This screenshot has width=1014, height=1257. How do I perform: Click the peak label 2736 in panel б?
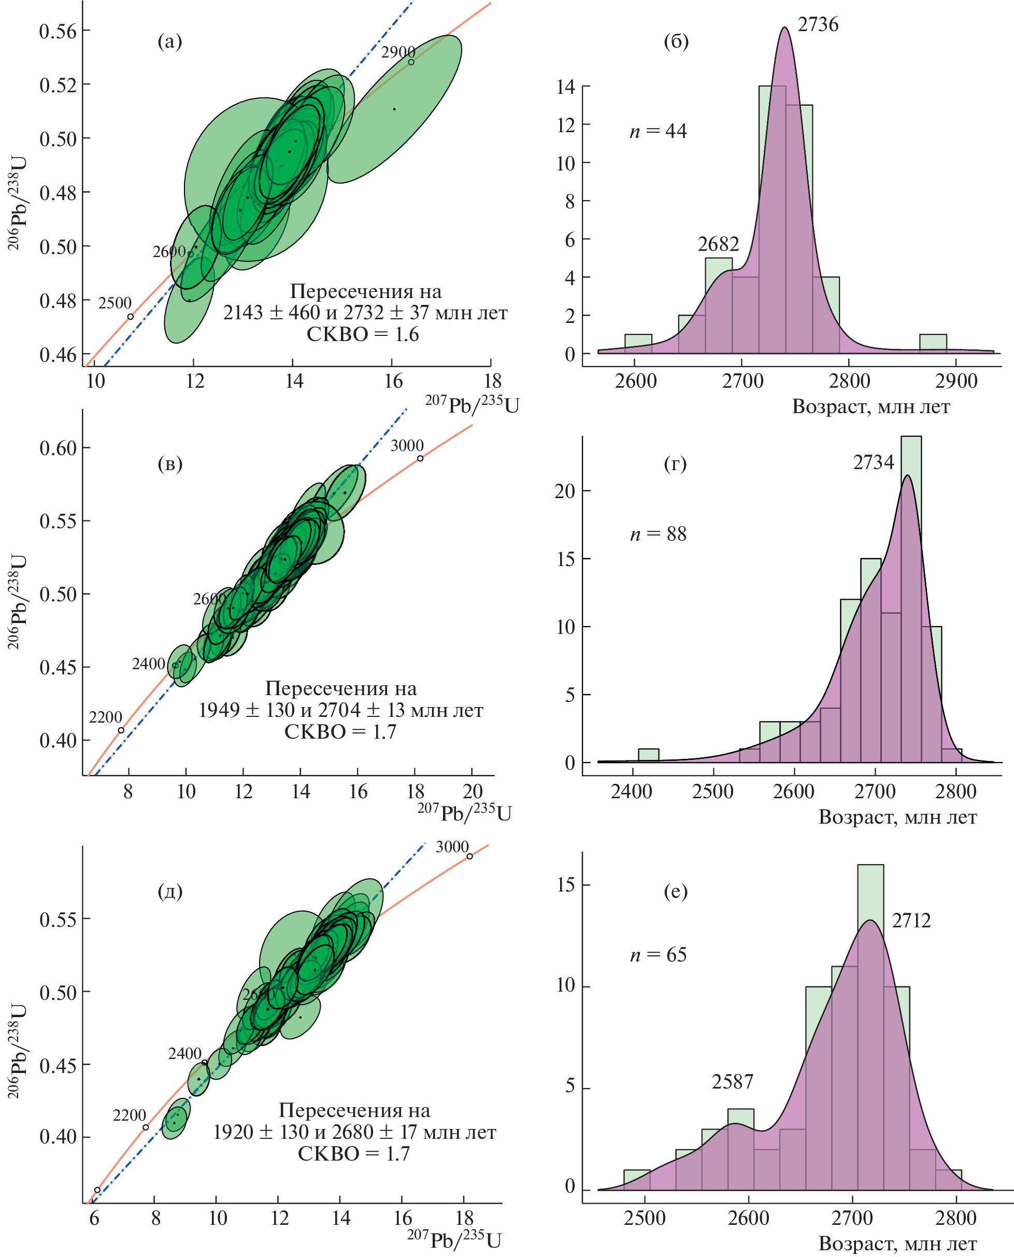click(x=818, y=24)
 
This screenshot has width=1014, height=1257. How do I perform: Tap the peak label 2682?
click(x=718, y=244)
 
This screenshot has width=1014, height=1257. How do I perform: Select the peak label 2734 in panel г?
click(x=873, y=462)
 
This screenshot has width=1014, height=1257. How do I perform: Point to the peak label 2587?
click(x=732, y=1082)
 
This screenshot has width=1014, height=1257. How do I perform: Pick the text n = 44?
click(x=658, y=131)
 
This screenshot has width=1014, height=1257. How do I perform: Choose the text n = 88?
click(x=658, y=533)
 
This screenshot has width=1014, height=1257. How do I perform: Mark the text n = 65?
click(x=658, y=955)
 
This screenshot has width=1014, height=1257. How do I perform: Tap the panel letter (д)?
click(x=170, y=891)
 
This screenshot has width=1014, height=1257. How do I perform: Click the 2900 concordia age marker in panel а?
click(x=411, y=62)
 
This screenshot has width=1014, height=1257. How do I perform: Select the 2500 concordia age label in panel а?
click(x=115, y=303)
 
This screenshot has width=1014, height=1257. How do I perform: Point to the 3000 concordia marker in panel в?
click(x=420, y=458)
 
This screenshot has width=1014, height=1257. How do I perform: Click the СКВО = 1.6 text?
click(x=363, y=334)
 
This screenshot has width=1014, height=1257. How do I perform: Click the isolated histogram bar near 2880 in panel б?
click(x=933, y=344)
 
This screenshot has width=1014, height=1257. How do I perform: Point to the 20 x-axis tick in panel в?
click(x=472, y=792)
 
